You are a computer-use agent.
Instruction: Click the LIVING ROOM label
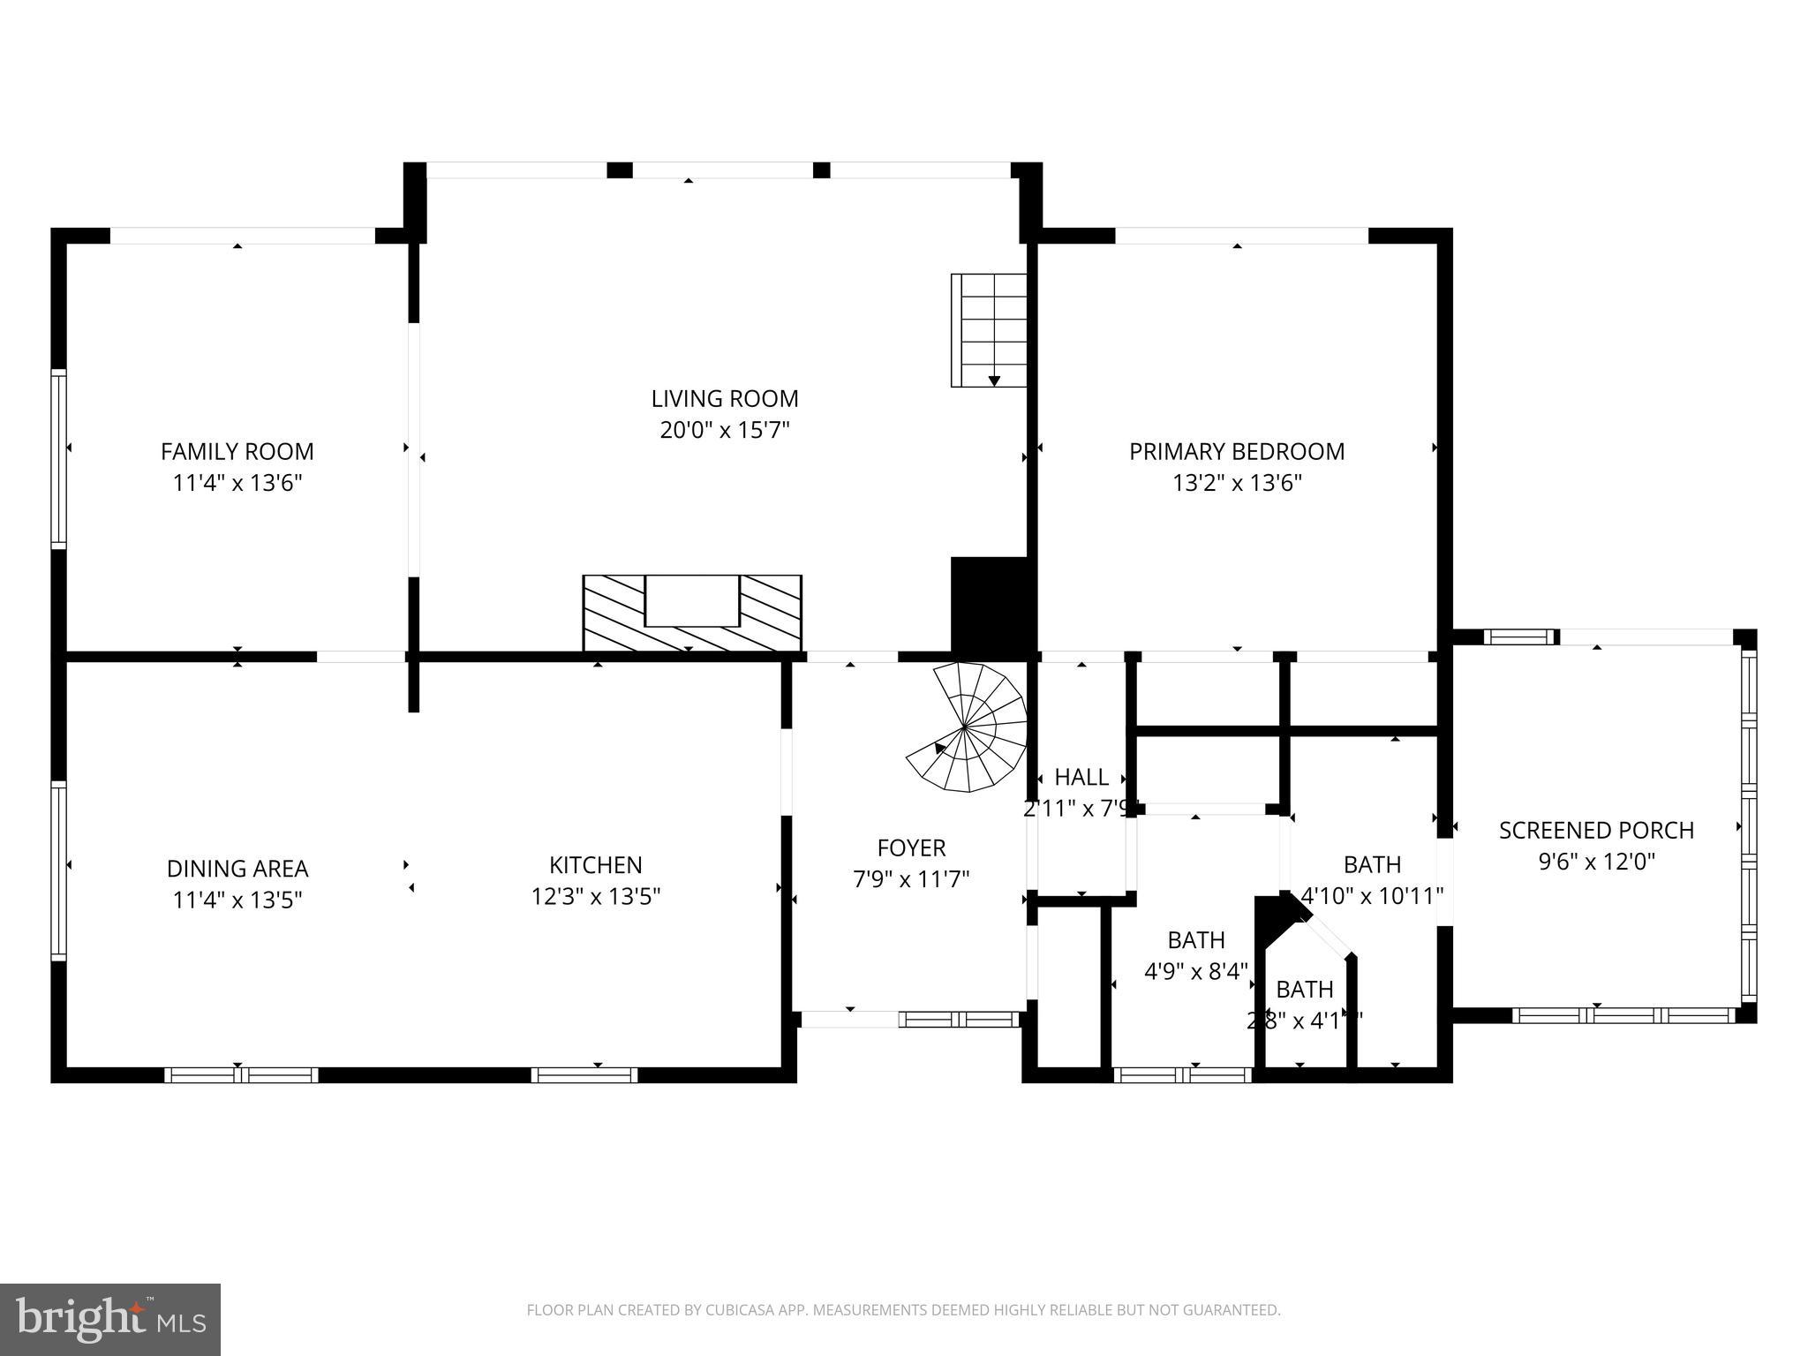[x=725, y=399]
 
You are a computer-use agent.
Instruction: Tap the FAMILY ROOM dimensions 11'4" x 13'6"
[x=237, y=483]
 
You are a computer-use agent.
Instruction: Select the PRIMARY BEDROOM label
[x=1237, y=451]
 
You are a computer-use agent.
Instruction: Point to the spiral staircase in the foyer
[x=971, y=727]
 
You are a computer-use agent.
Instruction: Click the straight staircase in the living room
[x=989, y=330]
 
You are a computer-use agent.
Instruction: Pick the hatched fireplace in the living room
[x=692, y=613]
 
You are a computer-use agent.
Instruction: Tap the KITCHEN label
[x=596, y=865]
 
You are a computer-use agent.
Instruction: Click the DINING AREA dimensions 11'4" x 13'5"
[x=237, y=900]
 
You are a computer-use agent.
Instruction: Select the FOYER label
[x=911, y=848]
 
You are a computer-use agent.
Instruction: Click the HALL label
[x=1081, y=778]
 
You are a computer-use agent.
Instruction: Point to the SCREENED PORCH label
[x=1596, y=831]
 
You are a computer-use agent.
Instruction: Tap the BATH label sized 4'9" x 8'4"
[x=1196, y=940]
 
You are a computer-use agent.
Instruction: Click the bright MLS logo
[x=110, y=1319]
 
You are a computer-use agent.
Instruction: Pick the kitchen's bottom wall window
[x=584, y=1075]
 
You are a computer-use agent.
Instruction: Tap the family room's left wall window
[x=58, y=458]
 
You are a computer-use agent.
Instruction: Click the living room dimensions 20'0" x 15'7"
[x=725, y=431]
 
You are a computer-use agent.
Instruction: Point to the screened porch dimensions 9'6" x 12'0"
[x=1596, y=862]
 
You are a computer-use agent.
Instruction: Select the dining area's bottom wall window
[x=241, y=1075]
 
